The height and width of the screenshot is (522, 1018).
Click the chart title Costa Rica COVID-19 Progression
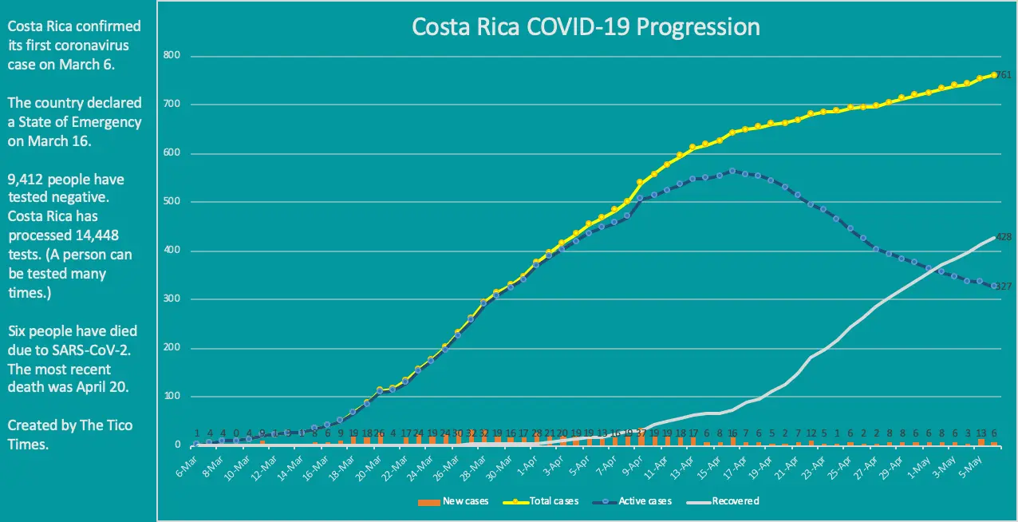click(585, 26)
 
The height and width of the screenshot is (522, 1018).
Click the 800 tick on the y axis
click(173, 56)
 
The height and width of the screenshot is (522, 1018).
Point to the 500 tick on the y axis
click(173, 202)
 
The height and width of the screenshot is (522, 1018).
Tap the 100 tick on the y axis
click(173, 397)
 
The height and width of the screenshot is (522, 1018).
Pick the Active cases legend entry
click(638, 501)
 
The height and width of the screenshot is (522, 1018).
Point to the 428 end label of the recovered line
click(1004, 237)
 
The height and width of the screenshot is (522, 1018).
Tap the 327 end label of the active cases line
click(1004, 286)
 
